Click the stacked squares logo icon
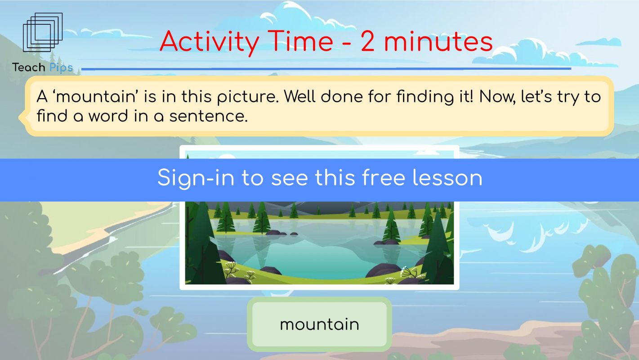pos(43,32)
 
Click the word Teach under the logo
pos(28,67)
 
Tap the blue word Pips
pos(61,68)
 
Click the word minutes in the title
pos(438,42)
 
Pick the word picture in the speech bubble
pos(248,97)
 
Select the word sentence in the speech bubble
pos(209,117)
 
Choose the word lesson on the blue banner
pos(447,178)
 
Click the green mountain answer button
pos(319,324)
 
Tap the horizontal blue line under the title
pos(326,69)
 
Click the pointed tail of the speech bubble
pos(19,117)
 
